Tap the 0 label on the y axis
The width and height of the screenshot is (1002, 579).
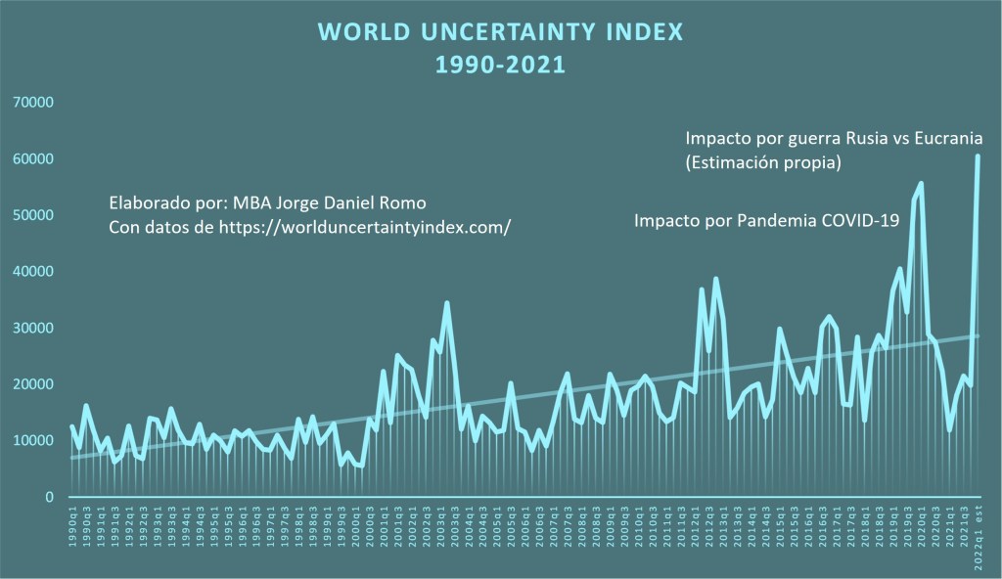48,498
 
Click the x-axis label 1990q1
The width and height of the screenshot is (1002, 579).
72,532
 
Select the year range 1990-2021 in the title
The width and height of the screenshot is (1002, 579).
500,66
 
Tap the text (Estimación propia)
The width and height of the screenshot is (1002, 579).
764,162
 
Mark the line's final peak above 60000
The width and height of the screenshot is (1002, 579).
978,156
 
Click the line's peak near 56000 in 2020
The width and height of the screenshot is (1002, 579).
921,183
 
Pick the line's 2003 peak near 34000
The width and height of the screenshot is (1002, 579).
447,303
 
